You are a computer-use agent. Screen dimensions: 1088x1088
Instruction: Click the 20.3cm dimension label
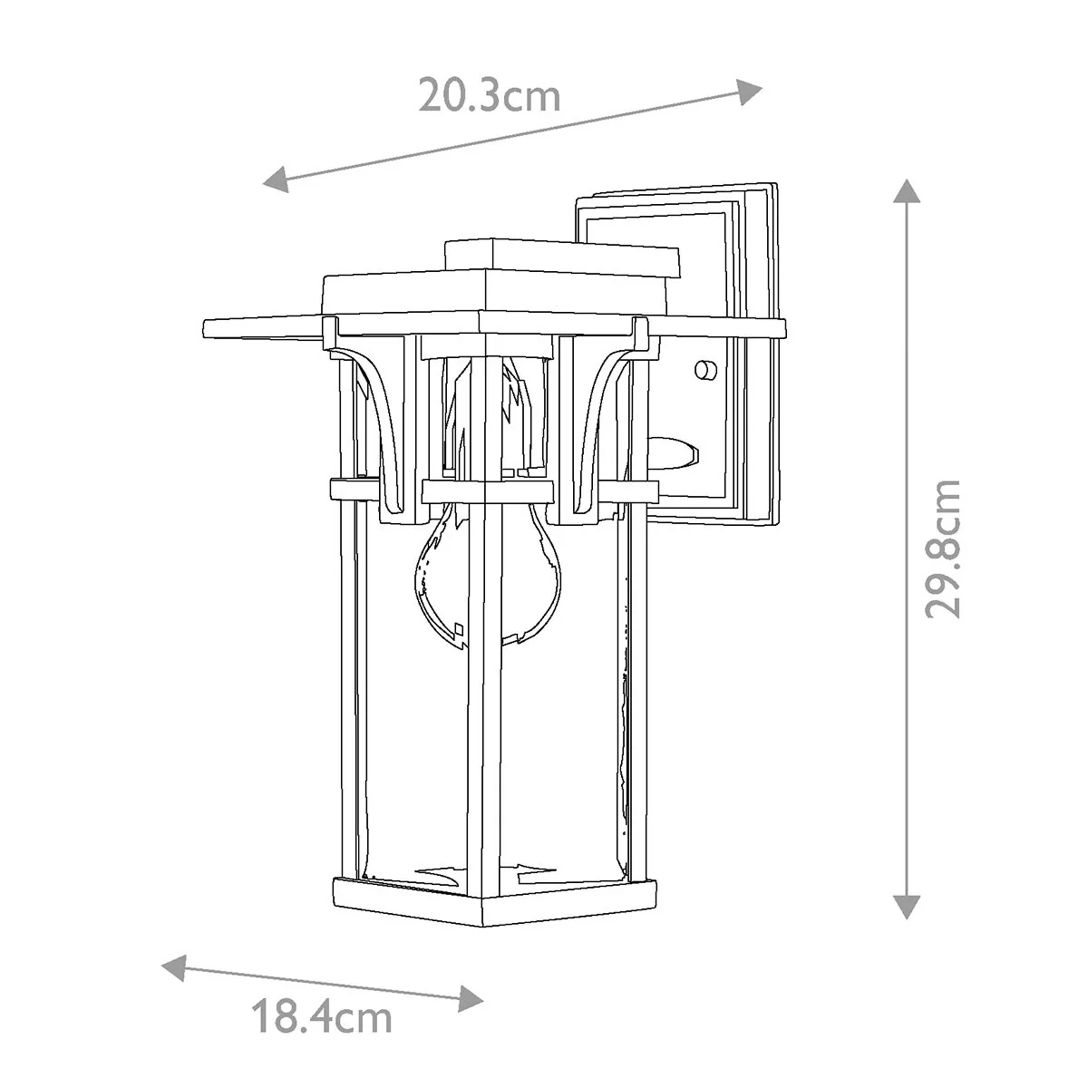[489, 96]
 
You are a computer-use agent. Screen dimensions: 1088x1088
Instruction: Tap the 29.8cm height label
[942, 549]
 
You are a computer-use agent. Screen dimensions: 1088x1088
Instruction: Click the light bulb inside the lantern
[489, 573]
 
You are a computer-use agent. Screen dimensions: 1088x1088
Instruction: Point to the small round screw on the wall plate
[705, 370]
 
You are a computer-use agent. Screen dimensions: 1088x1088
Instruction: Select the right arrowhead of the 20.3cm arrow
[750, 92]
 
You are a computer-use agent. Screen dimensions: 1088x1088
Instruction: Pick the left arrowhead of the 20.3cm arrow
[277, 179]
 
